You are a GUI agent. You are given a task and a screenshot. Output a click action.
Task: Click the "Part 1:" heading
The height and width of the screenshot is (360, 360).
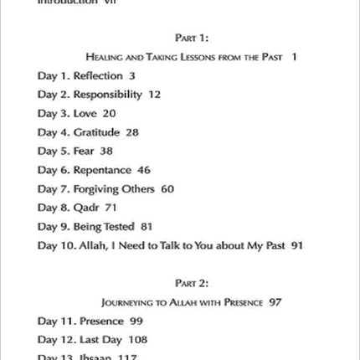[191, 38]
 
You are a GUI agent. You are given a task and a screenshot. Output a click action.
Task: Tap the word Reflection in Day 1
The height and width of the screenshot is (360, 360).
[98, 76]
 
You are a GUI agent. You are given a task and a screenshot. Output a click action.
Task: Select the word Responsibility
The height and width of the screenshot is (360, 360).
[108, 95]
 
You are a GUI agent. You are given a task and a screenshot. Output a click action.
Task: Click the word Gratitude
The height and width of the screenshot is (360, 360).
[96, 132]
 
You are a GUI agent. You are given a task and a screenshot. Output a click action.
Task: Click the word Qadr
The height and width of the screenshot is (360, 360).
[87, 208]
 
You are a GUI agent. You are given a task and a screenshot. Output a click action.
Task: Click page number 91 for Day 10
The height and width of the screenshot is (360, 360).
[296, 245]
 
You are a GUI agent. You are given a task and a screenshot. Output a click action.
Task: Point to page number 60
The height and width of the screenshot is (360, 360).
[167, 189]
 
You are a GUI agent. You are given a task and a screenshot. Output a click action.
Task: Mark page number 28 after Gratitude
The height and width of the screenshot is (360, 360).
[131, 132]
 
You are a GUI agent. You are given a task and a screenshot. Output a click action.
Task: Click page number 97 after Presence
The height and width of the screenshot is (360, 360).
[275, 301]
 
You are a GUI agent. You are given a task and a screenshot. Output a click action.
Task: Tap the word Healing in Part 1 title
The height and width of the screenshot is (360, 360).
[105, 57]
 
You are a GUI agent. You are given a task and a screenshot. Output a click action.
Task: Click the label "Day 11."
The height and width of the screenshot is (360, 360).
[55, 321]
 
